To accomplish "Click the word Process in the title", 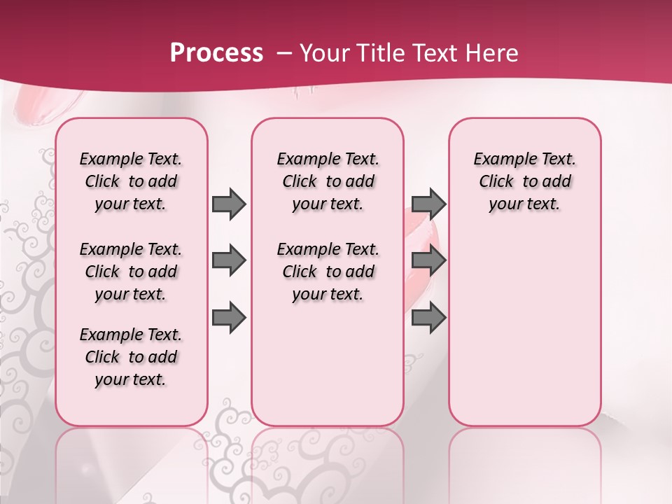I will (216, 53).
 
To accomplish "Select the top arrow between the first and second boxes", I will (229, 204).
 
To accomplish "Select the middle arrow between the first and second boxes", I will (229, 260).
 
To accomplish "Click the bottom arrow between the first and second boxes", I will (229, 317).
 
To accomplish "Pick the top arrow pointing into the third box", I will (428, 204).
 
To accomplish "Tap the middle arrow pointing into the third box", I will (428, 260).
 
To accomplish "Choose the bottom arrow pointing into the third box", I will (428, 317).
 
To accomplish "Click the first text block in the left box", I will (131, 181).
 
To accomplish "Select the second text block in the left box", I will (131, 272).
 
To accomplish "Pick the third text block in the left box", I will (131, 357).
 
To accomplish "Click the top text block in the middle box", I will (328, 181).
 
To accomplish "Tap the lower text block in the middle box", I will (328, 272).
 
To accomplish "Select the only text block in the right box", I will (524, 181).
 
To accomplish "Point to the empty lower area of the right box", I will (524, 329).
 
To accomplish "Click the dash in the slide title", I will (284, 53).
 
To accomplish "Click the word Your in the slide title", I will (324, 53).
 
